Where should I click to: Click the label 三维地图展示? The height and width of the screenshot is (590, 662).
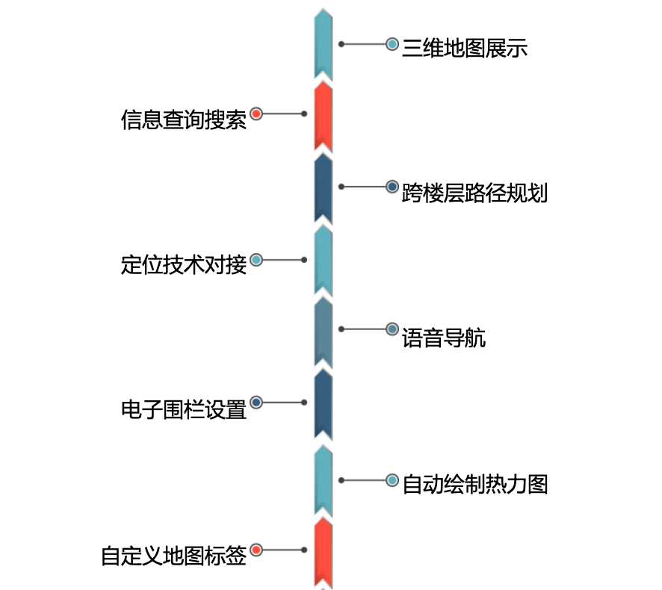pos(465,49)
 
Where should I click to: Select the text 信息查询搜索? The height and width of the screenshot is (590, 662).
pos(184,119)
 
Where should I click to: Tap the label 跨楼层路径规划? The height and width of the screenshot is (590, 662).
pos(474,193)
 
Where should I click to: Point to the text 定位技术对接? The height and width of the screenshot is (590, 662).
pos(184,265)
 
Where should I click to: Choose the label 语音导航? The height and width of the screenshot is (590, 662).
pos(444,338)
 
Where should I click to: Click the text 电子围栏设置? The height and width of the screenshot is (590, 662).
pos(184,409)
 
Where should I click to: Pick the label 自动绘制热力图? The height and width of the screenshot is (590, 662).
pos(474,484)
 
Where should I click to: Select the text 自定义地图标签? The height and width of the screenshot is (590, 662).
pos(173,556)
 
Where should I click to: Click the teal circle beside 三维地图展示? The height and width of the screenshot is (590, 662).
pos(392,44)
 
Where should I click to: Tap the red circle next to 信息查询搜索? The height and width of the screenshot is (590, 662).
pos(256,114)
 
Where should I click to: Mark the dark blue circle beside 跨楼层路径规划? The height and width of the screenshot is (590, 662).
pos(392,187)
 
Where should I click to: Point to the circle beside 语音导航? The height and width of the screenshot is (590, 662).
pos(392,329)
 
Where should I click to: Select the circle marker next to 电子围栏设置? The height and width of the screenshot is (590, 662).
pos(256,403)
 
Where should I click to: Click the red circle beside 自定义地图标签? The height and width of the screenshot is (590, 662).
pos(256,550)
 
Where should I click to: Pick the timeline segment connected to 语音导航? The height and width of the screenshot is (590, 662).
pos(323,331)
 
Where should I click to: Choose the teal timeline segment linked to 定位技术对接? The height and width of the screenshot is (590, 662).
pos(323,259)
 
